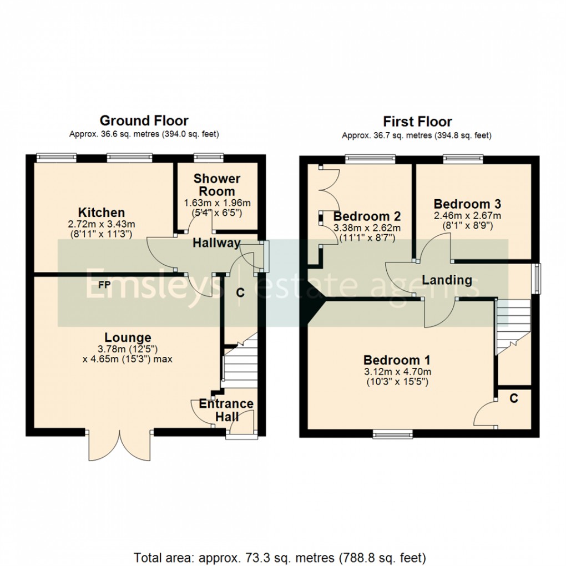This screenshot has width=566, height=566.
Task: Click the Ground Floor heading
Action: coord(144,120)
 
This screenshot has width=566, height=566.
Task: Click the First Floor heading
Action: coord(417,122)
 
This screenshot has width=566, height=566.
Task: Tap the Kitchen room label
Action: coord(101,213)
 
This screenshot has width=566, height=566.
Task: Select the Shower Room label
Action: coord(216,185)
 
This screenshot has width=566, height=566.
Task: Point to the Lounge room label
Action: coord(128,337)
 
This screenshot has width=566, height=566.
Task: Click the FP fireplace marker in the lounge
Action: coord(104,285)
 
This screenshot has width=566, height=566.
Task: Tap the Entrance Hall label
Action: coord(226,410)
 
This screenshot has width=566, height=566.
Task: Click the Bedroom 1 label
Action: coord(396,360)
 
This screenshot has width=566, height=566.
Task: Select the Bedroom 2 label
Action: coord(367,216)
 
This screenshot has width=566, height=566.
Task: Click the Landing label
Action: coord(447,280)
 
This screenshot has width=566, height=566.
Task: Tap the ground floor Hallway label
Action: coord(216,243)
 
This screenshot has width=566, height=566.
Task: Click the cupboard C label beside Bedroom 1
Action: coord(514,398)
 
